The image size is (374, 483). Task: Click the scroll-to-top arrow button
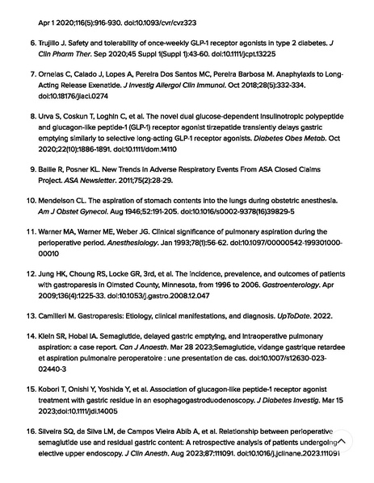342,441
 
